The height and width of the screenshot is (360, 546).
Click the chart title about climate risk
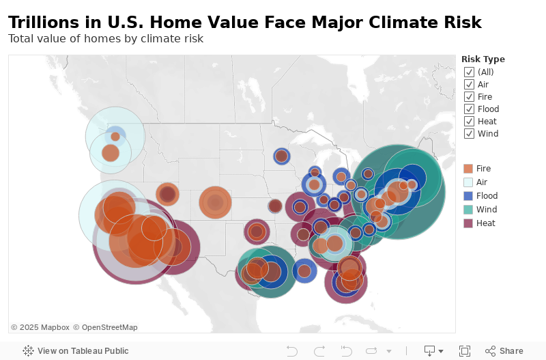245,23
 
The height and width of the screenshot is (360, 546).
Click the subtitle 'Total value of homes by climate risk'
106,38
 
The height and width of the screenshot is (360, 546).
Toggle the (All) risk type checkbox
469,72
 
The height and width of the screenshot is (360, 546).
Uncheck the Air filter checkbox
469,84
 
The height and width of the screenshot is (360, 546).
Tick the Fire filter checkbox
469,96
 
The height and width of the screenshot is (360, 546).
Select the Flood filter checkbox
469,109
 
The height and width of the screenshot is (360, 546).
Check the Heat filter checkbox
469,121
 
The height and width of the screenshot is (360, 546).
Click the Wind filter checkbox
469,133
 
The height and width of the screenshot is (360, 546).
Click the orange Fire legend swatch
468,169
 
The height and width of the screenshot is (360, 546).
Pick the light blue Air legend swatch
468,182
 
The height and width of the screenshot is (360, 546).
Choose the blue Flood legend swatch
468,196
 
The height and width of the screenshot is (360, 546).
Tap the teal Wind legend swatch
468,210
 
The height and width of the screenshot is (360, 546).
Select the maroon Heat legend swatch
468,223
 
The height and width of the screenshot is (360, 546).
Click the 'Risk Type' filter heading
483,59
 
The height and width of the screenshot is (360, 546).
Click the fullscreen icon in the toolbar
465,351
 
